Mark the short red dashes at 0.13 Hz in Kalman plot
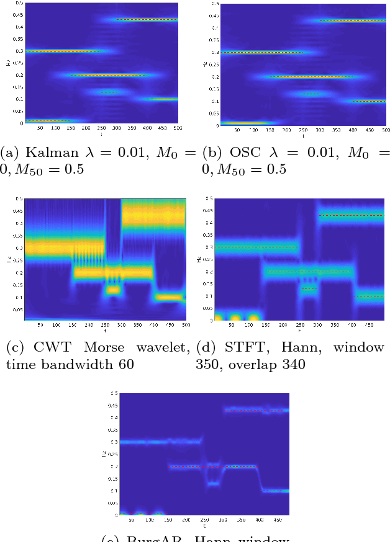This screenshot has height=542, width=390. (108, 92)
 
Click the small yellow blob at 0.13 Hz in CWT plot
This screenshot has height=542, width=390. (112, 289)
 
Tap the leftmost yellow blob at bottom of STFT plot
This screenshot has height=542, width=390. (219, 318)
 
